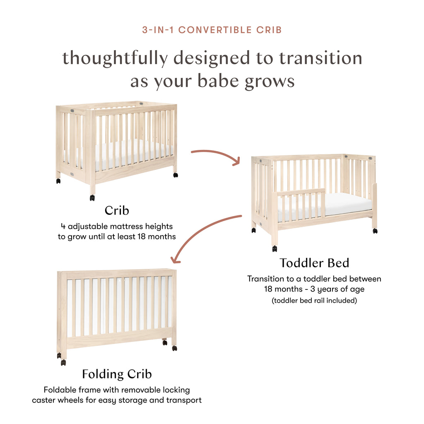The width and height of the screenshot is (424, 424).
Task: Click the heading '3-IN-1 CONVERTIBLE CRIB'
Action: (x=212, y=30)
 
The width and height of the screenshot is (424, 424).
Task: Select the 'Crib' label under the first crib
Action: (x=117, y=210)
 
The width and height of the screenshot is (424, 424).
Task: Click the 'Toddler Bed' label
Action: (x=314, y=263)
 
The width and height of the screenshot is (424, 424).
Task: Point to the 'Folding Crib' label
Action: (x=117, y=374)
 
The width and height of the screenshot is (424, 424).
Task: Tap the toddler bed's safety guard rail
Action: (x=301, y=193)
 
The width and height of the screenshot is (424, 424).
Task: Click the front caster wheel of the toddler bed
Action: (x=275, y=248)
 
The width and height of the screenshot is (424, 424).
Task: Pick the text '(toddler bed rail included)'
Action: (x=314, y=301)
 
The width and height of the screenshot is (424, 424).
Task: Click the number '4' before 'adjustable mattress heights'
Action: (x=63, y=226)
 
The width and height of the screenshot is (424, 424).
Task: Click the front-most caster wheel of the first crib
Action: (x=92, y=198)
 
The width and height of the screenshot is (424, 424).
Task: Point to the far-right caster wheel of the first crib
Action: (x=176, y=175)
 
